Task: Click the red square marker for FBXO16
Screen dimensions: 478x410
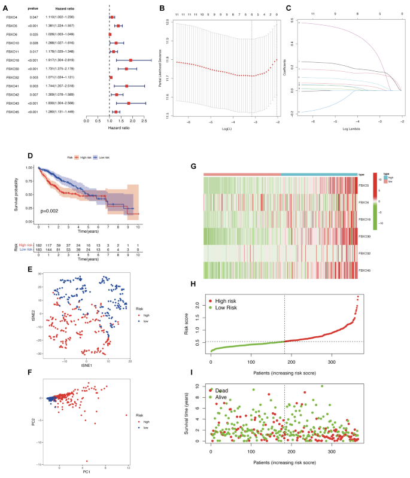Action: pyautogui.click(x=130, y=60)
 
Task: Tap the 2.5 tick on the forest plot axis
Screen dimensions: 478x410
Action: pyautogui.click(x=144, y=120)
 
